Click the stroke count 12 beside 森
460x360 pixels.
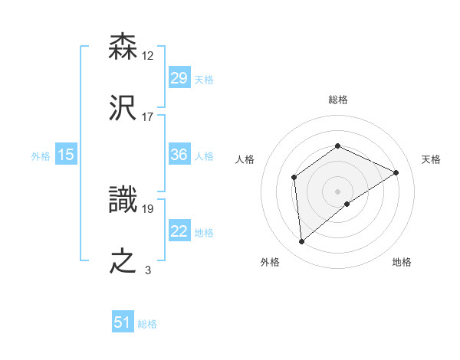click(x=148, y=55)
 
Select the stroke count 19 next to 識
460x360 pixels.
click(x=148, y=208)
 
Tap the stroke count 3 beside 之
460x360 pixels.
click(x=148, y=270)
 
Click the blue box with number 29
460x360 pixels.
click(x=179, y=77)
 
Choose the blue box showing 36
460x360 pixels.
click(x=179, y=155)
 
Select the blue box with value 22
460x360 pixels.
click(x=179, y=231)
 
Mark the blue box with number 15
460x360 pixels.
click(x=66, y=155)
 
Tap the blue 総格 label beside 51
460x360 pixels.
click(x=147, y=324)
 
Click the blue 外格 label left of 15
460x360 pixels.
click(x=41, y=155)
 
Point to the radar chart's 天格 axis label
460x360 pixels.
click(x=431, y=159)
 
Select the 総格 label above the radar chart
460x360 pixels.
click(x=337, y=100)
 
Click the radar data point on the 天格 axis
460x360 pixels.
click(x=396, y=172)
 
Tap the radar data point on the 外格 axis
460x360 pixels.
click(x=302, y=242)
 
